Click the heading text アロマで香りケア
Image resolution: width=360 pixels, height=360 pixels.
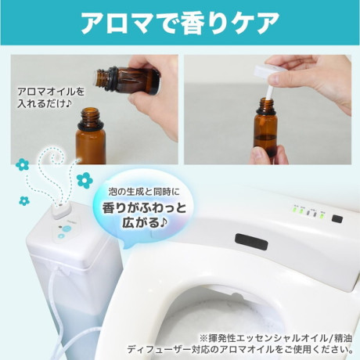click(x=180, y=22)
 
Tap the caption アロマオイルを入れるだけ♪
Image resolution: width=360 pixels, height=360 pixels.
click(x=51, y=98)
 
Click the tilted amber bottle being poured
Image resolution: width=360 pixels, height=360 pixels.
click(x=128, y=81)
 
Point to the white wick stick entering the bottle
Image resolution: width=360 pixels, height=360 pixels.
click(x=268, y=91)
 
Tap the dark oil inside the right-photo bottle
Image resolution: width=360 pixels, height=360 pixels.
click(x=265, y=145)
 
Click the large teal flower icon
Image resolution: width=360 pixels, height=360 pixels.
click(x=85, y=180)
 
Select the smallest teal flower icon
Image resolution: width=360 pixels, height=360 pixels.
click(x=24, y=201)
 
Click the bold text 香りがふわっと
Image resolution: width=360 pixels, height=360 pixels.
click(x=145, y=208)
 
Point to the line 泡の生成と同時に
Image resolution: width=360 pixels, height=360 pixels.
click(x=144, y=193)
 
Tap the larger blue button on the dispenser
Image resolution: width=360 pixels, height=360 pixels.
click(x=67, y=229)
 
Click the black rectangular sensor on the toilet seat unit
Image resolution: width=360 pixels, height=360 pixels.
click(x=251, y=242)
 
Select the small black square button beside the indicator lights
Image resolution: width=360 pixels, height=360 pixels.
click(x=337, y=218)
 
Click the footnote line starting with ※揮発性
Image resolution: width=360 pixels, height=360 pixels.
click(x=276, y=338)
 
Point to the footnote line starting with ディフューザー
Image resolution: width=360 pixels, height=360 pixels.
click(x=239, y=349)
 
